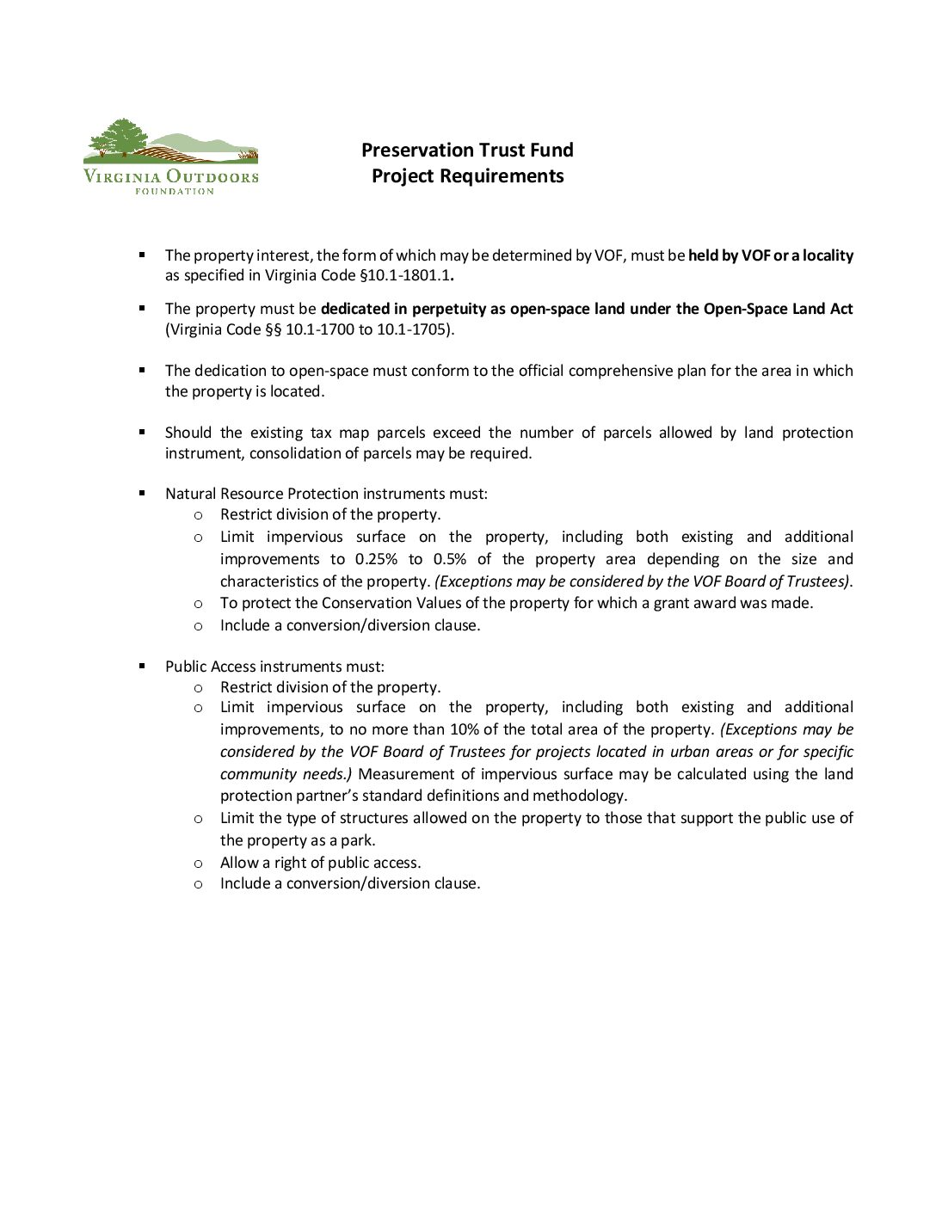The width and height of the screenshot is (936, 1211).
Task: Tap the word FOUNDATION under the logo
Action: pyautogui.click(x=174, y=191)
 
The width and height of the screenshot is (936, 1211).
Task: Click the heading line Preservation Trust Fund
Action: pyautogui.click(x=467, y=151)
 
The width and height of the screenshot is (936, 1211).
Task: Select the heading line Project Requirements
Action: pyautogui.click(x=467, y=176)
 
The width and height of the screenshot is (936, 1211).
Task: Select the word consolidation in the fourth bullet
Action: pyautogui.click(x=292, y=453)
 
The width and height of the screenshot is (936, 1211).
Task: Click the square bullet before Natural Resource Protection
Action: pyautogui.click(x=142, y=494)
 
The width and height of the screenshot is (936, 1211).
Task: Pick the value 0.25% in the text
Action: pyautogui.click(x=376, y=559)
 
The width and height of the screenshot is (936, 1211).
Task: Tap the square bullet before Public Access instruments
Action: pyautogui.click(x=142, y=666)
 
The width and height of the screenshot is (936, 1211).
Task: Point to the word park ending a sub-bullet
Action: pyautogui.click(x=358, y=840)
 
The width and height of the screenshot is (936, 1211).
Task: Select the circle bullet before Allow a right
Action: pyautogui.click(x=198, y=863)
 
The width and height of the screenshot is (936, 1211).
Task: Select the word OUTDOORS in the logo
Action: pyautogui.click(x=212, y=177)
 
